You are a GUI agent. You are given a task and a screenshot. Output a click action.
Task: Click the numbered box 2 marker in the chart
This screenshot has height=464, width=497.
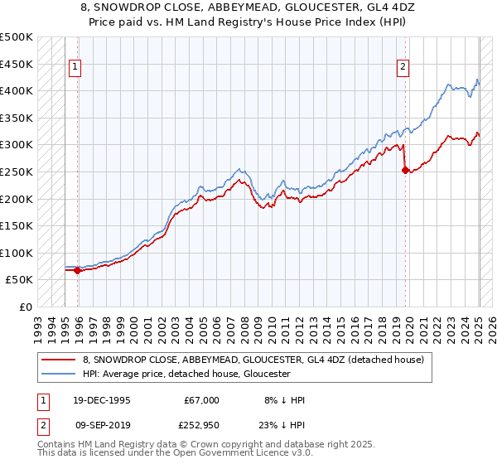(x=403, y=68)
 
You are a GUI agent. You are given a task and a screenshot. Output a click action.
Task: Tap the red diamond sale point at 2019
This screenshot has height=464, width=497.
(x=405, y=171)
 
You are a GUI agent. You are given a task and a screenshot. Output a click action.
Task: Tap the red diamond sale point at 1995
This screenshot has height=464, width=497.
(x=77, y=270)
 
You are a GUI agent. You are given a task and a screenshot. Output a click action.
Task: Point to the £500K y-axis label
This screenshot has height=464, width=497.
(x=17, y=37)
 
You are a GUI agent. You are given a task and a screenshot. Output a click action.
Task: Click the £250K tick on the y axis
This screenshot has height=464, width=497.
(x=17, y=172)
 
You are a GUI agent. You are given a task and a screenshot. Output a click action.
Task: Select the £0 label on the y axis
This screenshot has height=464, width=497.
(x=25, y=307)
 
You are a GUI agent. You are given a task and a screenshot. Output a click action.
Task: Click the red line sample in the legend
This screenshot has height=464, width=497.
(x=59, y=360)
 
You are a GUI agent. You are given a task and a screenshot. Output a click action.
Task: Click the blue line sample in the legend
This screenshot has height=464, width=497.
(x=59, y=374)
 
